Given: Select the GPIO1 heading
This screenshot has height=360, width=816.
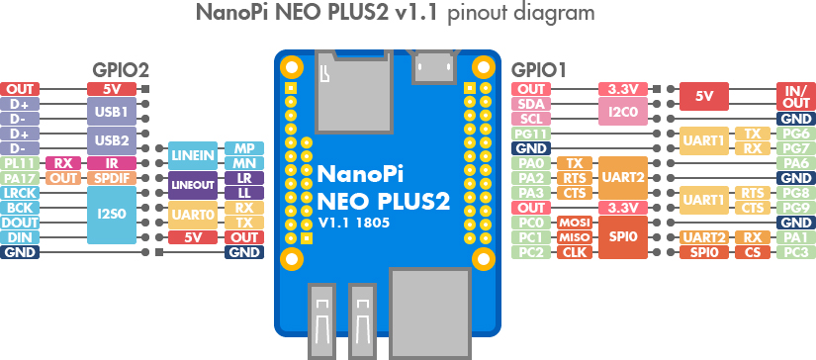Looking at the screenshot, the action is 539,69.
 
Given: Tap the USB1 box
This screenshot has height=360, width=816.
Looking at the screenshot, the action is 112,112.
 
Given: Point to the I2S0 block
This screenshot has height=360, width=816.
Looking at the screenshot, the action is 112,216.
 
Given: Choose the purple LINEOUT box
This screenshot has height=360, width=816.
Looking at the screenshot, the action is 193,185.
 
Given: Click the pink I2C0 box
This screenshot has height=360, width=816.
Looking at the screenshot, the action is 623,112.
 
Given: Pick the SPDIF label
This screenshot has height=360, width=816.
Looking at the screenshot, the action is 112,178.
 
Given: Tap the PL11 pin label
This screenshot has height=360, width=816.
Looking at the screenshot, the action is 20,163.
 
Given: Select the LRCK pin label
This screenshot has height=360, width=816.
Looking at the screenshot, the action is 20,193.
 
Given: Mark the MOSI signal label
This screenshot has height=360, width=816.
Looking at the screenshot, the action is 575,224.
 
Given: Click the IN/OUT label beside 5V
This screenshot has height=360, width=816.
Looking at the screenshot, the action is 795,96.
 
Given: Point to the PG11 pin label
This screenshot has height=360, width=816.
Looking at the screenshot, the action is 531,134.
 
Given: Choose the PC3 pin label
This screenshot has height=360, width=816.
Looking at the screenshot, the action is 795,253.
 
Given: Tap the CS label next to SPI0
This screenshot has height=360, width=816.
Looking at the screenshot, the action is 753,253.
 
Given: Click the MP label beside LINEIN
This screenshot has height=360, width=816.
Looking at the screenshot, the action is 244,148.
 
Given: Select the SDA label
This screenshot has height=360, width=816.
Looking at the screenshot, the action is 531,104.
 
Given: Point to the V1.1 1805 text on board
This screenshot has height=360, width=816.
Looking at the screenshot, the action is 354,224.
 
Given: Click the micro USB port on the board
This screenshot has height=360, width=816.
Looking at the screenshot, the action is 433,66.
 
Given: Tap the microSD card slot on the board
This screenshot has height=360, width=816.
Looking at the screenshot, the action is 354,91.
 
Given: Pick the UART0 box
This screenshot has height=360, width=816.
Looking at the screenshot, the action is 193,216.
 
